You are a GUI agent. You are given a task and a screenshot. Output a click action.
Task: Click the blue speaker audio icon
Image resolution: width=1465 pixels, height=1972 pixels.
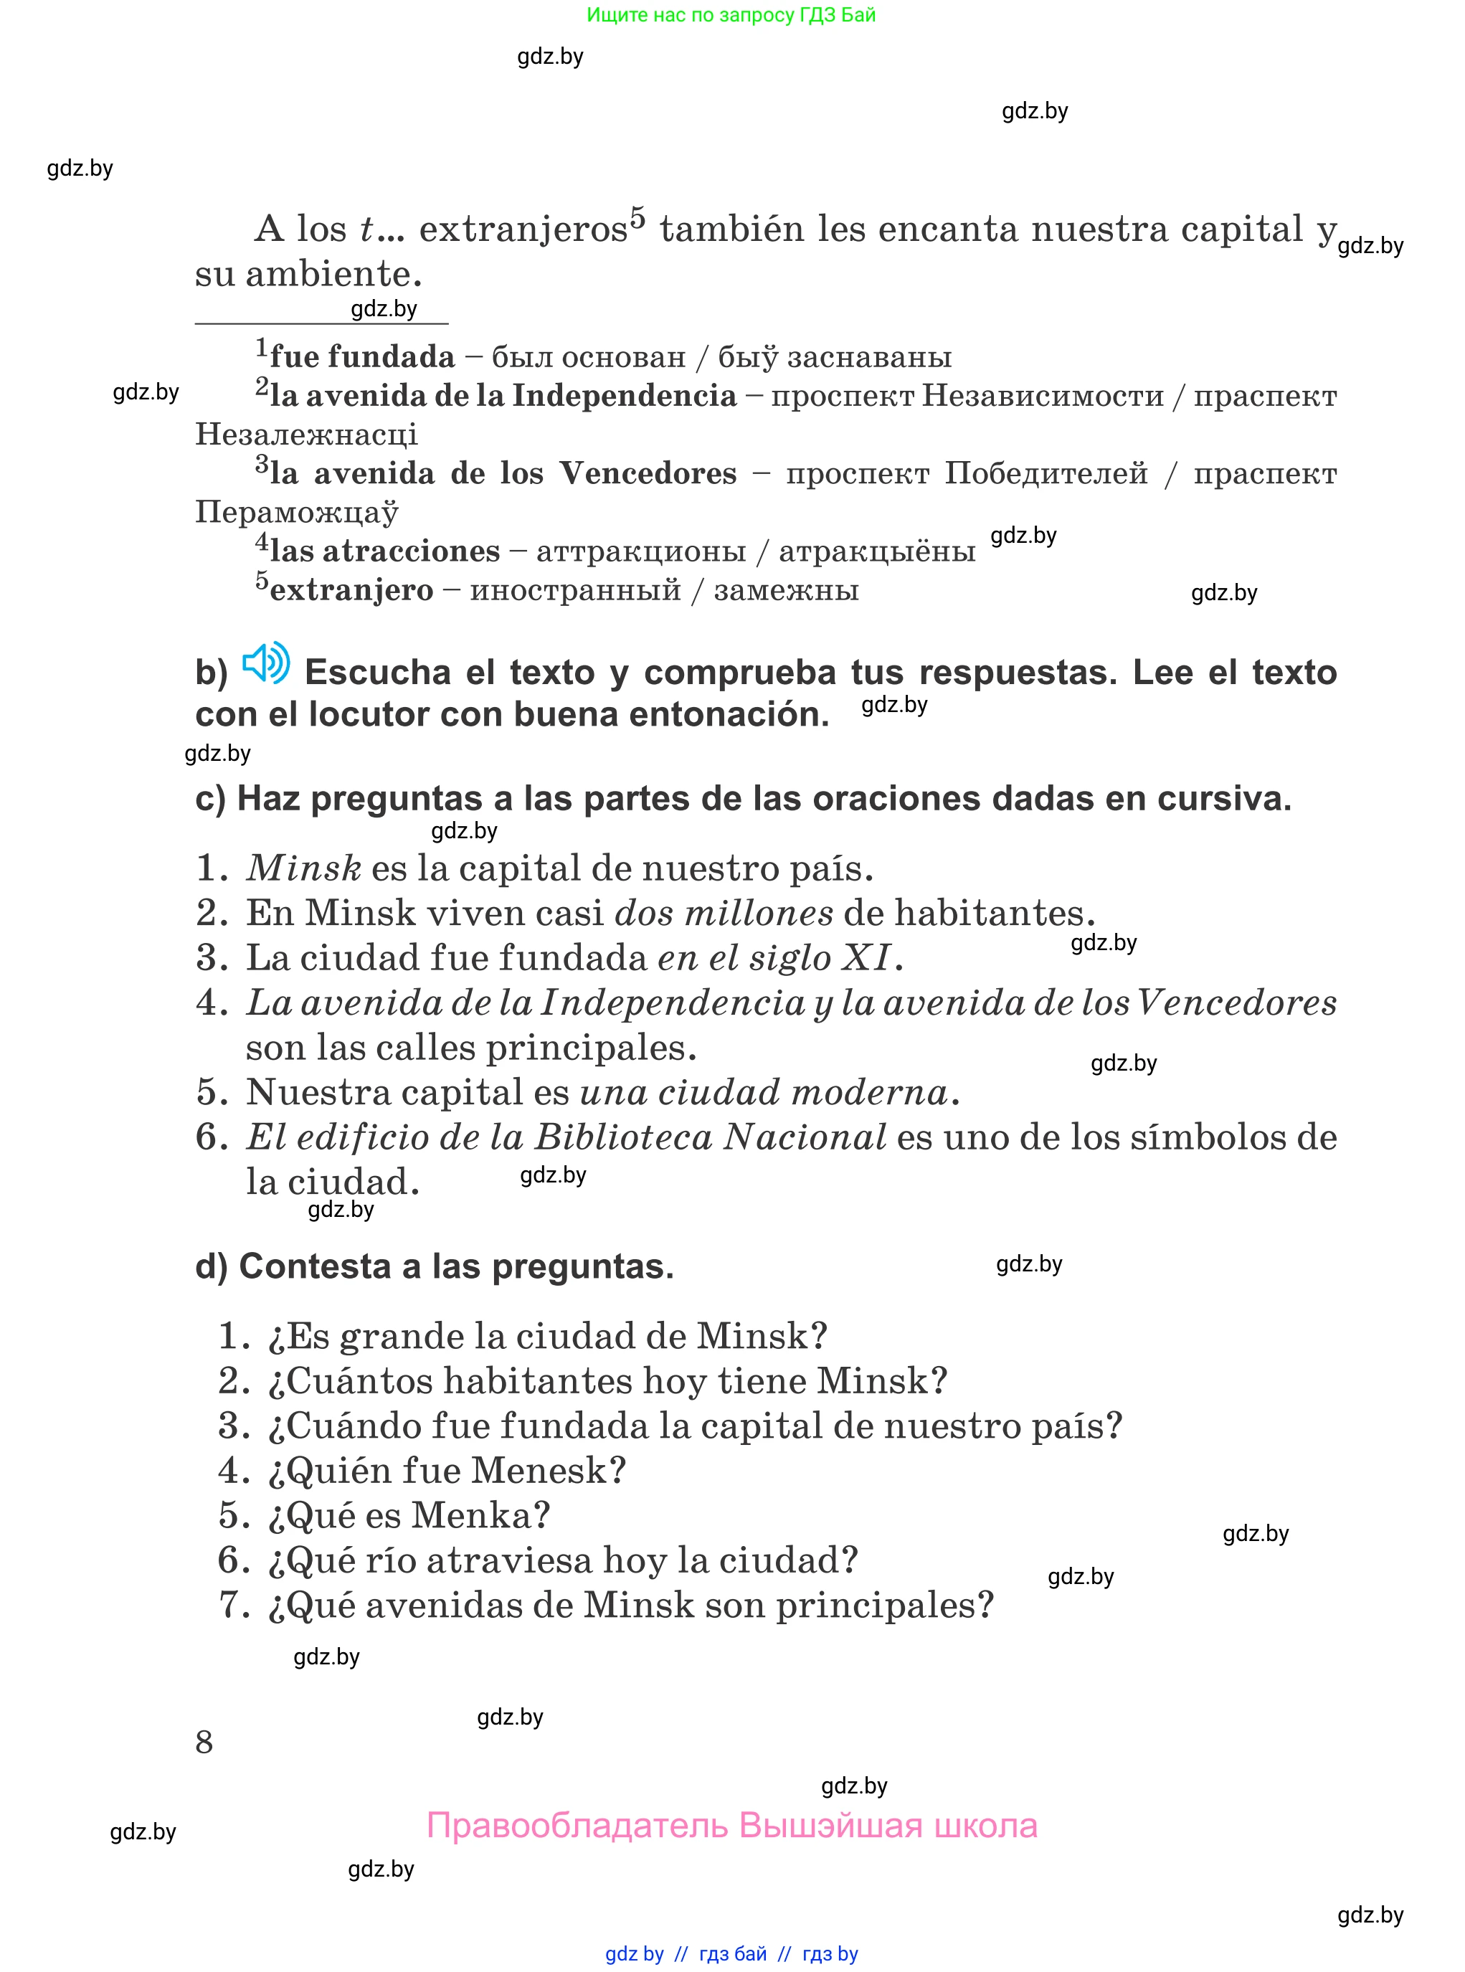pos(266,663)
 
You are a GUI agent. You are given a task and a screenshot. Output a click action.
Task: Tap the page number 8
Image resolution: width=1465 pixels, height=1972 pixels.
pos(204,1743)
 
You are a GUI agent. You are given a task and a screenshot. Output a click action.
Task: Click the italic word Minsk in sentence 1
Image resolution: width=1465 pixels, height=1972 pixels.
pos(304,868)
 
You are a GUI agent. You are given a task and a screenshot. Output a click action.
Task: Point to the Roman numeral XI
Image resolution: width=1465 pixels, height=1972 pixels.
pos(866,957)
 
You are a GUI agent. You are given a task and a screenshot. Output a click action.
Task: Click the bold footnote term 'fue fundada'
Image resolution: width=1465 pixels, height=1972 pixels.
pos(362,356)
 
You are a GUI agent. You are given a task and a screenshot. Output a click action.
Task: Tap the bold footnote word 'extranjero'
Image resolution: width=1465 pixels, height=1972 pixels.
pos(351,589)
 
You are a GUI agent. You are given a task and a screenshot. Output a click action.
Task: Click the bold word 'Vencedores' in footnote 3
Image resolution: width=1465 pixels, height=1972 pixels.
pos(648,473)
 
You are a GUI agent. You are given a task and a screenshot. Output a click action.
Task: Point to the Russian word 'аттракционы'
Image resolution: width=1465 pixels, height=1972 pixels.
pos(640,551)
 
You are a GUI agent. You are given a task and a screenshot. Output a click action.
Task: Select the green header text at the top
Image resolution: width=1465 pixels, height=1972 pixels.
pos(731,15)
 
